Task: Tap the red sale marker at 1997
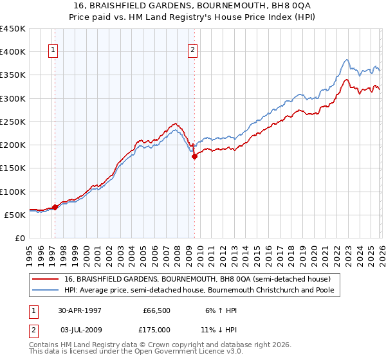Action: click(55, 207)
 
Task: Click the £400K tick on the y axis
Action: click(13, 52)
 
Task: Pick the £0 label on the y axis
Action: click(19, 238)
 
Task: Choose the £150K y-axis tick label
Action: click(13, 168)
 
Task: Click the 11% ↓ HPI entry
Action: click(219, 330)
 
